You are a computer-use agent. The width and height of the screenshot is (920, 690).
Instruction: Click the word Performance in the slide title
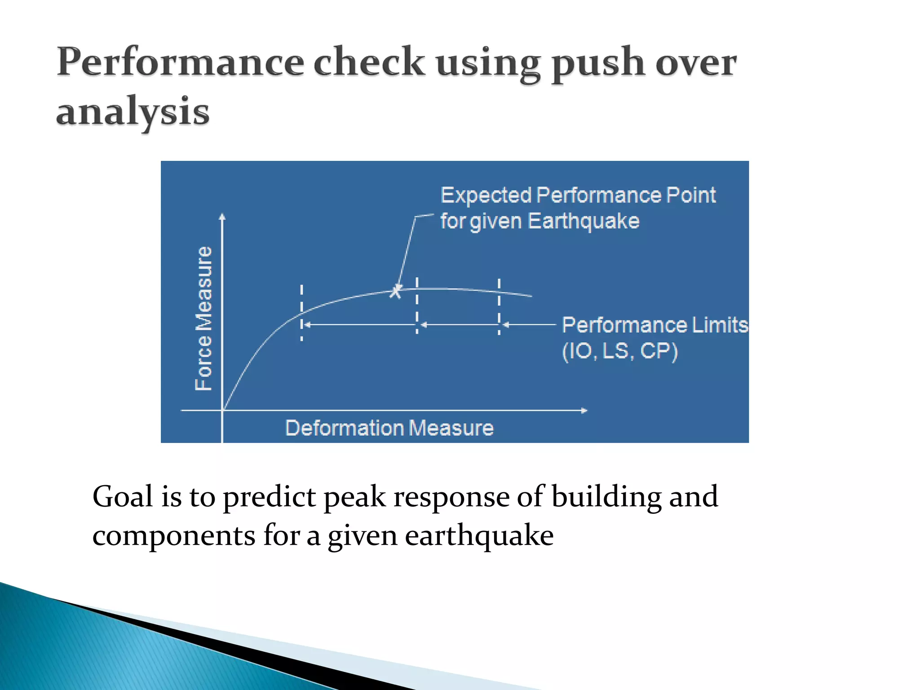(x=180, y=63)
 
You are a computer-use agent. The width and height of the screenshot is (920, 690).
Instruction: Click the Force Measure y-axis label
(x=204, y=318)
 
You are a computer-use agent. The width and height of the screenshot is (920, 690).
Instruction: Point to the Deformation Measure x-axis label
(x=389, y=428)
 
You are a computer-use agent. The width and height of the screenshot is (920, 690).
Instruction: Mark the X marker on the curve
(x=395, y=292)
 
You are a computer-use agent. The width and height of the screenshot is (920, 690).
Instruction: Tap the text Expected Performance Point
(x=578, y=195)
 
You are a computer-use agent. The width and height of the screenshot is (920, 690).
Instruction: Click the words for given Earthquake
(x=539, y=221)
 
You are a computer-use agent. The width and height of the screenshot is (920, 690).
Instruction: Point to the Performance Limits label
(x=655, y=325)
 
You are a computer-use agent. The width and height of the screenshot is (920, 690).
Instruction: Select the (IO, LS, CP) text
(x=620, y=351)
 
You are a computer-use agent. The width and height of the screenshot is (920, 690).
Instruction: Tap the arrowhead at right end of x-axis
(x=584, y=410)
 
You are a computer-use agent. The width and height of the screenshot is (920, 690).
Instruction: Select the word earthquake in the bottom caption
(x=479, y=536)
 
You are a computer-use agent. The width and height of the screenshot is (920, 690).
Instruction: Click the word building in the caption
(x=606, y=497)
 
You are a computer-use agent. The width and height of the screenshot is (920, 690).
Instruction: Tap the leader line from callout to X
(x=407, y=252)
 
